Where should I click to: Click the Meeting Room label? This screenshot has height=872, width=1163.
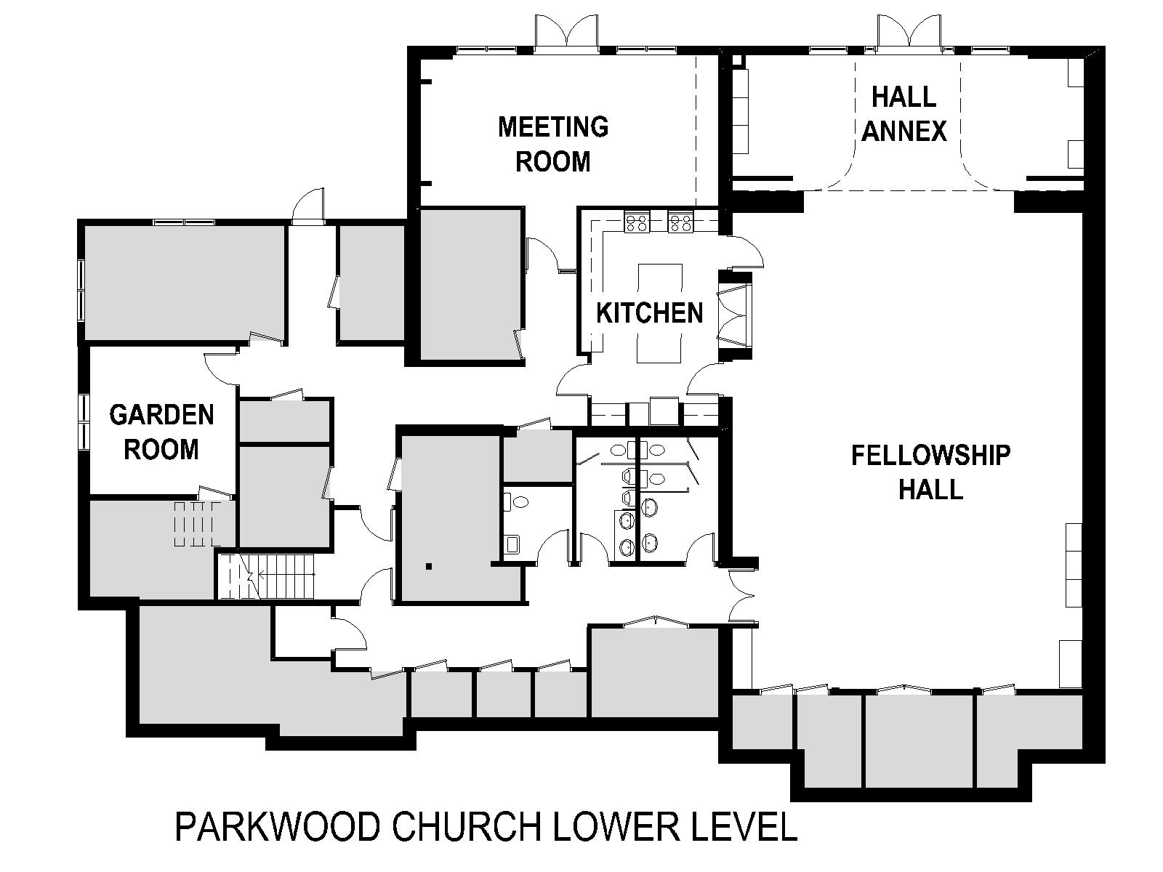point(553,144)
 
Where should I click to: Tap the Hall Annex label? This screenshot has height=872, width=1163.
point(904,114)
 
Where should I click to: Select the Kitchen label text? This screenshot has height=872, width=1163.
point(650,313)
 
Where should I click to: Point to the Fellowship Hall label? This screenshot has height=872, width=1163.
point(931,472)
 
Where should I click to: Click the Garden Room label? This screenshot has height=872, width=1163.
point(161,432)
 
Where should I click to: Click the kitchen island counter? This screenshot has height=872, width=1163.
point(660,313)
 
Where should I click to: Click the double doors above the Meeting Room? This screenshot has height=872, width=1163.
point(567,31)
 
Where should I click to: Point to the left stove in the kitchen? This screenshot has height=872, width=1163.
point(636,222)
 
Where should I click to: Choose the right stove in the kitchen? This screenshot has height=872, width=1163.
point(680,222)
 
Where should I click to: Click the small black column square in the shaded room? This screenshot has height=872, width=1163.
point(428,567)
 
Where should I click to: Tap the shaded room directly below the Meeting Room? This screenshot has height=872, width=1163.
point(468,285)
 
